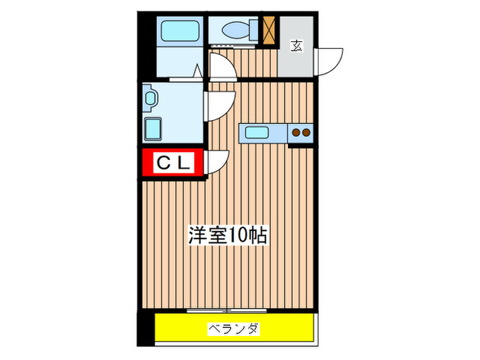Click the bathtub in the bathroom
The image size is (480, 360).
tap(180, 31)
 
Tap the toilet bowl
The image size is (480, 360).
tap(236, 30)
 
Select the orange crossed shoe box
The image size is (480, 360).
tap(269, 30)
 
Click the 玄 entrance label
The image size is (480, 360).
tap(296, 46)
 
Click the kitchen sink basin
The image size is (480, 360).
tap(257, 132)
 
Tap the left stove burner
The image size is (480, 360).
tap(296, 132)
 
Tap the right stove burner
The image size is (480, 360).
tap(306, 132)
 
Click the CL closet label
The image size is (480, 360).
tap(173, 163)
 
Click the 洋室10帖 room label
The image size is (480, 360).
tap(228, 235)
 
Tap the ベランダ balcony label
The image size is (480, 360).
tap(234, 329)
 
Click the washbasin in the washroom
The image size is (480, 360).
tap(150, 98)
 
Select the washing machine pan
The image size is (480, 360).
tap(153, 129)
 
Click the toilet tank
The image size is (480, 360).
tap(254, 30)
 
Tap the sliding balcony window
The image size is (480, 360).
tap(227, 311)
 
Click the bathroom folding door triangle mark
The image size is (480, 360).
tap(197, 71)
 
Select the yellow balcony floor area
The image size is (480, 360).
tap(235, 327)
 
